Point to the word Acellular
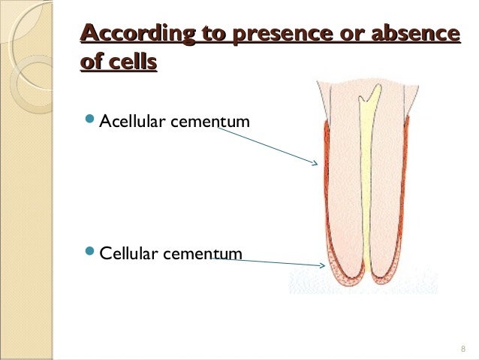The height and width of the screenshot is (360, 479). pyautogui.click(x=131, y=121)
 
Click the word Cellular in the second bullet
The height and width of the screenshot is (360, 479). pyautogui.click(x=128, y=254)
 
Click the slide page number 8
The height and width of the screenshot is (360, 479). pyautogui.click(x=462, y=349)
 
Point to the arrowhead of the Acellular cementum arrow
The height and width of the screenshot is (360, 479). pyautogui.click(x=316, y=162)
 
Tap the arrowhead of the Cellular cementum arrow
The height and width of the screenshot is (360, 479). pyautogui.click(x=321, y=265)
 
